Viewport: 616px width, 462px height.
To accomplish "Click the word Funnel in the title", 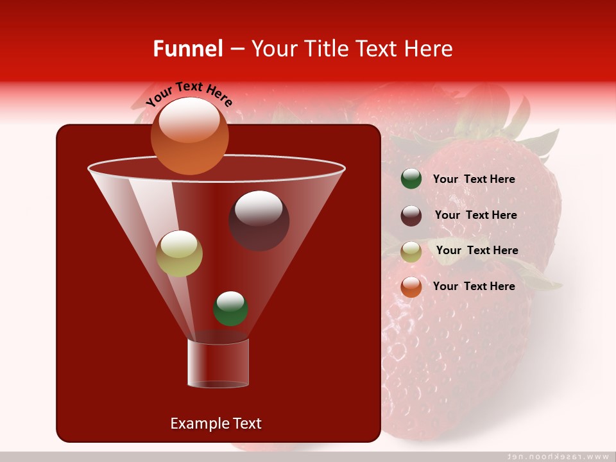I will pyautogui.click(x=187, y=49).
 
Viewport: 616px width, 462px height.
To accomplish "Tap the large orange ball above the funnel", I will pyautogui.click(x=189, y=136).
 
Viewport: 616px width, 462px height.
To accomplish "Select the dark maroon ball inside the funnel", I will pyautogui.click(x=259, y=221).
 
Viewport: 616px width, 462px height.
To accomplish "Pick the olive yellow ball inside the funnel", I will pyautogui.click(x=179, y=253).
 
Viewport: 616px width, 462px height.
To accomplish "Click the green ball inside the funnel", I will pyautogui.click(x=230, y=308).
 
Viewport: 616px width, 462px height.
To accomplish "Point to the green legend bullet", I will pyautogui.click(x=411, y=179).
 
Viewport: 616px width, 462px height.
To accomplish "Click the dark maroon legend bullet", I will pyautogui.click(x=411, y=216).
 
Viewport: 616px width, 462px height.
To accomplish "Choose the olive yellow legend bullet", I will pyautogui.click(x=411, y=252).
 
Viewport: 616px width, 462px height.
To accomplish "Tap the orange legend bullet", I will pyautogui.click(x=411, y=287).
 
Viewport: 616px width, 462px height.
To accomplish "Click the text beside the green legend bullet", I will pyautogui.click(x=474, y=179).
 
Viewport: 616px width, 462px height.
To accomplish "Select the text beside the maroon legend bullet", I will pyautogui.click(x=475, y=215).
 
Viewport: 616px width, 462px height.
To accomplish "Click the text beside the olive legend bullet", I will pyautogui.click(x=477, y=250).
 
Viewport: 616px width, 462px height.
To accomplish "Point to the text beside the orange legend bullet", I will pyautogui.click(x=474, y=286).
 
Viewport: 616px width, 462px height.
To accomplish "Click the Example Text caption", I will pyautogui.click(x=216, y=424).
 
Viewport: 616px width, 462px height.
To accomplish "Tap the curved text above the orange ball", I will pyautogui.click(x=189, y=94).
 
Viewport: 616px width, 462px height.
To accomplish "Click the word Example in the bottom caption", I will pyautogui.click(x=198, y=424).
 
